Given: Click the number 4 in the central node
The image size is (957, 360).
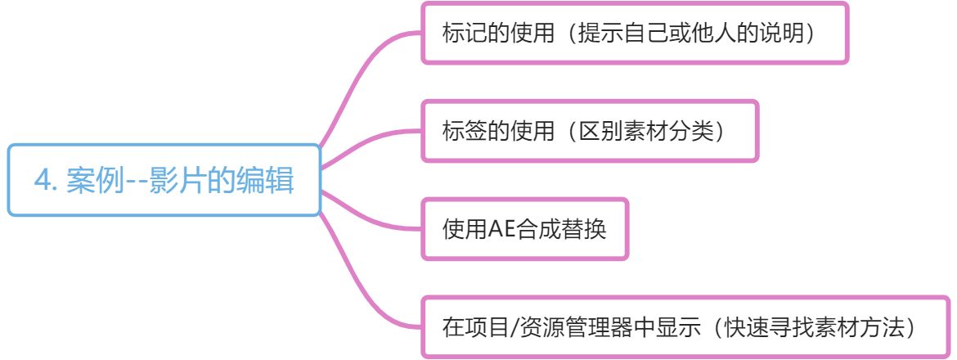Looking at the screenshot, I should click(x=42, y=180).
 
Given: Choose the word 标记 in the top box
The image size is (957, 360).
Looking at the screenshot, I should click(x=461, y=34).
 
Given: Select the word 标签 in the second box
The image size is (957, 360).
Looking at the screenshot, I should click(x=461, y=131).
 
